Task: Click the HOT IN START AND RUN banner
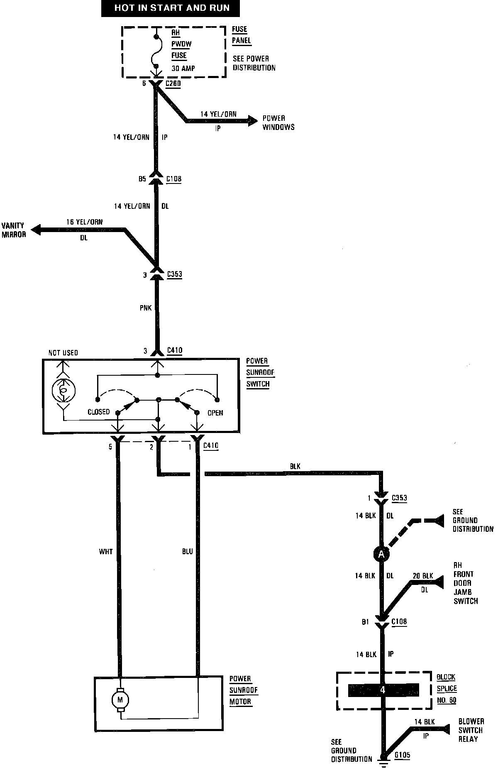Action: (x=171, y=8)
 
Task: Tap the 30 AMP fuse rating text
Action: (x=183, y=68)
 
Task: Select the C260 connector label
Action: (x=173, y=83)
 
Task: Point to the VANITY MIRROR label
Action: (x=14, y=230)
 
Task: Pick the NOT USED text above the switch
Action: (x=63, y=353)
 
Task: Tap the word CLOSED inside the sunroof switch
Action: (x=99, y=412)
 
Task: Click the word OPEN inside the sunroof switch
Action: (x=215, y=413)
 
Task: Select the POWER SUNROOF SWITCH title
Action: (x=260, y=372)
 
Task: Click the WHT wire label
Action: (x=106, y=552)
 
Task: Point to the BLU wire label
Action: (x=187, y=552)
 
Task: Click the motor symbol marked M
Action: (x=120, y=700)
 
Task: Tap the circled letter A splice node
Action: (x=381, y=553)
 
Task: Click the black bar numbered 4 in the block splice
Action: (x=383, y=690)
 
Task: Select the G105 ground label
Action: (x=402, y=755)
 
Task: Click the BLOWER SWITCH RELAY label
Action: (x=471, y=730)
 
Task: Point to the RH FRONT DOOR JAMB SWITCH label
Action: (x=465, y=583)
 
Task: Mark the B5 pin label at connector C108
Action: (x=142, y=179)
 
